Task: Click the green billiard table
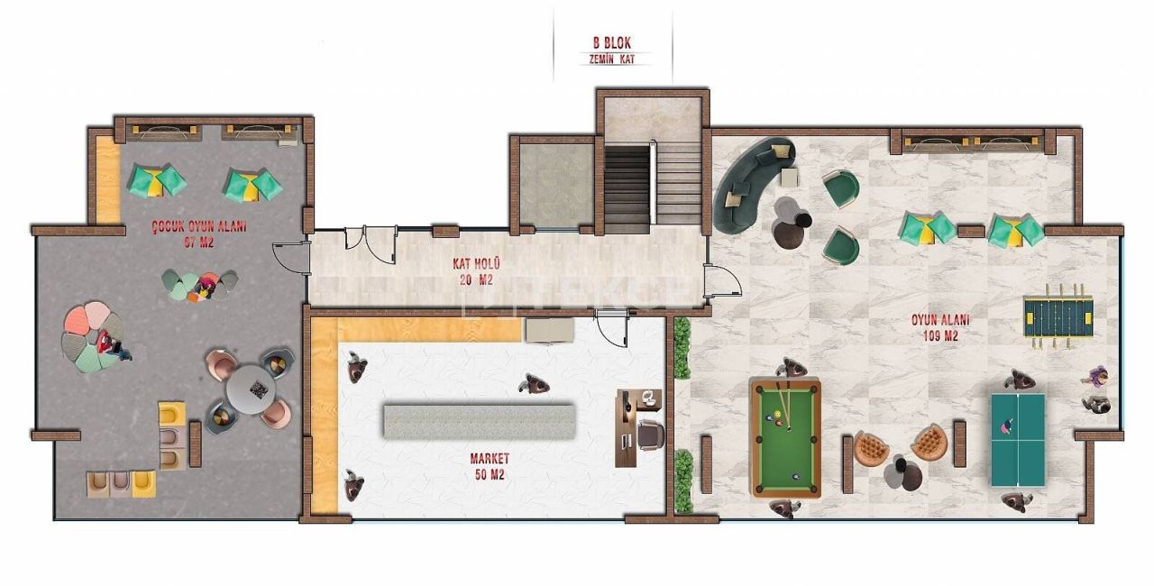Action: point(785,436)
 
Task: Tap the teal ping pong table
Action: point(1018,440)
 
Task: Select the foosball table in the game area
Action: point(1059,316)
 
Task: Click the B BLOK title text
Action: point(611,41)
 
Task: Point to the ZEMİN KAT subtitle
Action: point(613,59)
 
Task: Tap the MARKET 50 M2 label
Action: point(490,466)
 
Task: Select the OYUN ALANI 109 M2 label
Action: point(940,327)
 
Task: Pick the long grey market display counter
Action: point(479,421)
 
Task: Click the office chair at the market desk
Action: point(650,435)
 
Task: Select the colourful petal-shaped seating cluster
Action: point(91,337)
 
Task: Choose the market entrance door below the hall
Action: point(610,325)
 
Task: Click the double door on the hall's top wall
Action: point(370,242)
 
